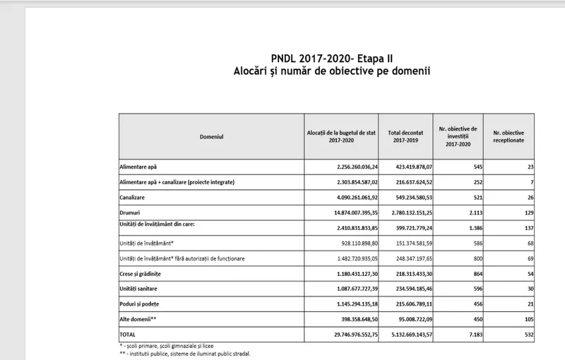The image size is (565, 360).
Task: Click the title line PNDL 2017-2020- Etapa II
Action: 333,58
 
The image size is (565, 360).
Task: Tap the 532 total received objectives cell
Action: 526,334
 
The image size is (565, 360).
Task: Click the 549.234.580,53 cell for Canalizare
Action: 408,197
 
